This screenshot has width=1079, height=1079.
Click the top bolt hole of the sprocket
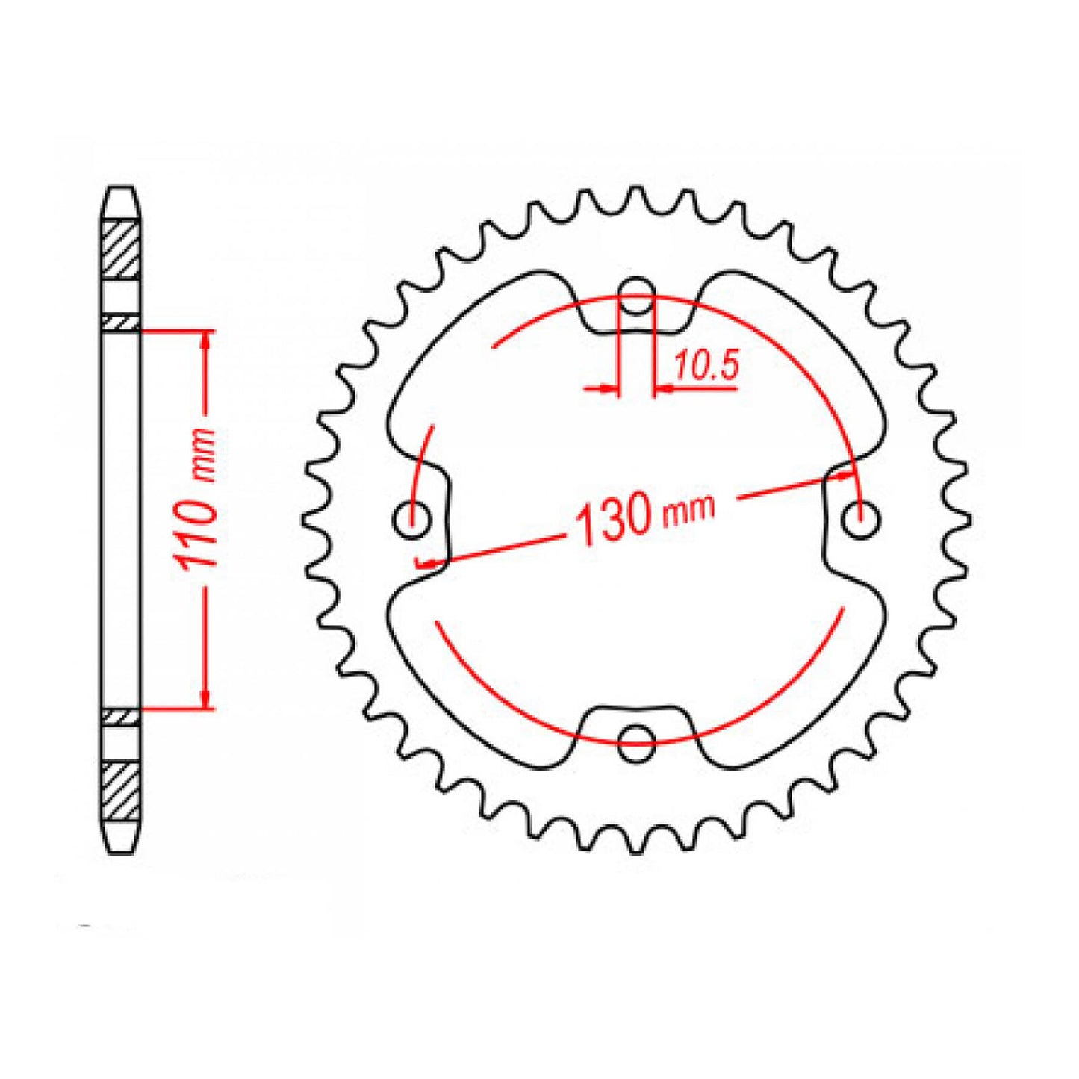636,290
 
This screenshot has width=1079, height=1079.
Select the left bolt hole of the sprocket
412,517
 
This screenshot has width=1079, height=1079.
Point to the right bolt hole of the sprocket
862,517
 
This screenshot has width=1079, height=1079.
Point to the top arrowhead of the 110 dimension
206,340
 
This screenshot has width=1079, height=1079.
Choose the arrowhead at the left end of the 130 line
428,562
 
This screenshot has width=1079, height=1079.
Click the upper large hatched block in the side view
121,249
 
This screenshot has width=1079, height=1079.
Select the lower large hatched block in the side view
121,790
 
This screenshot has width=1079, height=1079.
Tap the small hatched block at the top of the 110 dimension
121,322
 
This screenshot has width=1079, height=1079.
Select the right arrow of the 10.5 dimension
663,388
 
